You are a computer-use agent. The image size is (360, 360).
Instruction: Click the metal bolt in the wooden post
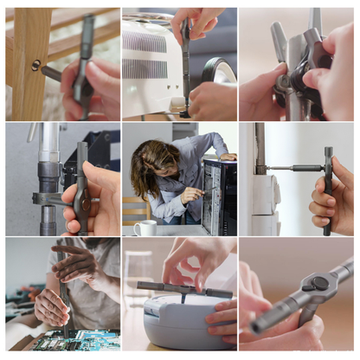36,65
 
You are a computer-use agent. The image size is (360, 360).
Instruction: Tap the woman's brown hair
147,164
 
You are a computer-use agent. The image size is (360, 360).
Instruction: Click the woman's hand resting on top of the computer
227,157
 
